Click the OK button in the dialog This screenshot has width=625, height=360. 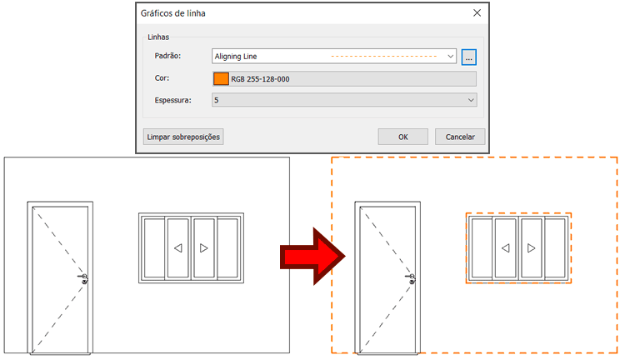(402, 137)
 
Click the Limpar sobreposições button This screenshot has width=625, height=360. (183, 137)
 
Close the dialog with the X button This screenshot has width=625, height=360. (477, 13)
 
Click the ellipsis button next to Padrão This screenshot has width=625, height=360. (469, 57)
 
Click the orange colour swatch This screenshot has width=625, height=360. (221, 78)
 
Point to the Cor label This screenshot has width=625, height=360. (162, 78)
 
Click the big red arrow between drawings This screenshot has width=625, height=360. (312, 255)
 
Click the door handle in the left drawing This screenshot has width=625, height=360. (84, 278)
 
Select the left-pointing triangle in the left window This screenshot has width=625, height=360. (177, 248)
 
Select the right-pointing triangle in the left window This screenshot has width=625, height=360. (204, 248)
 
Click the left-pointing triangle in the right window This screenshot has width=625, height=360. (505, 248)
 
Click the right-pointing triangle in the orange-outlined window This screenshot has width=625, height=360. (532, 248)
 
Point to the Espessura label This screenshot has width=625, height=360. (172, 100)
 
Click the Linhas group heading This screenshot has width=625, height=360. (160, 37)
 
